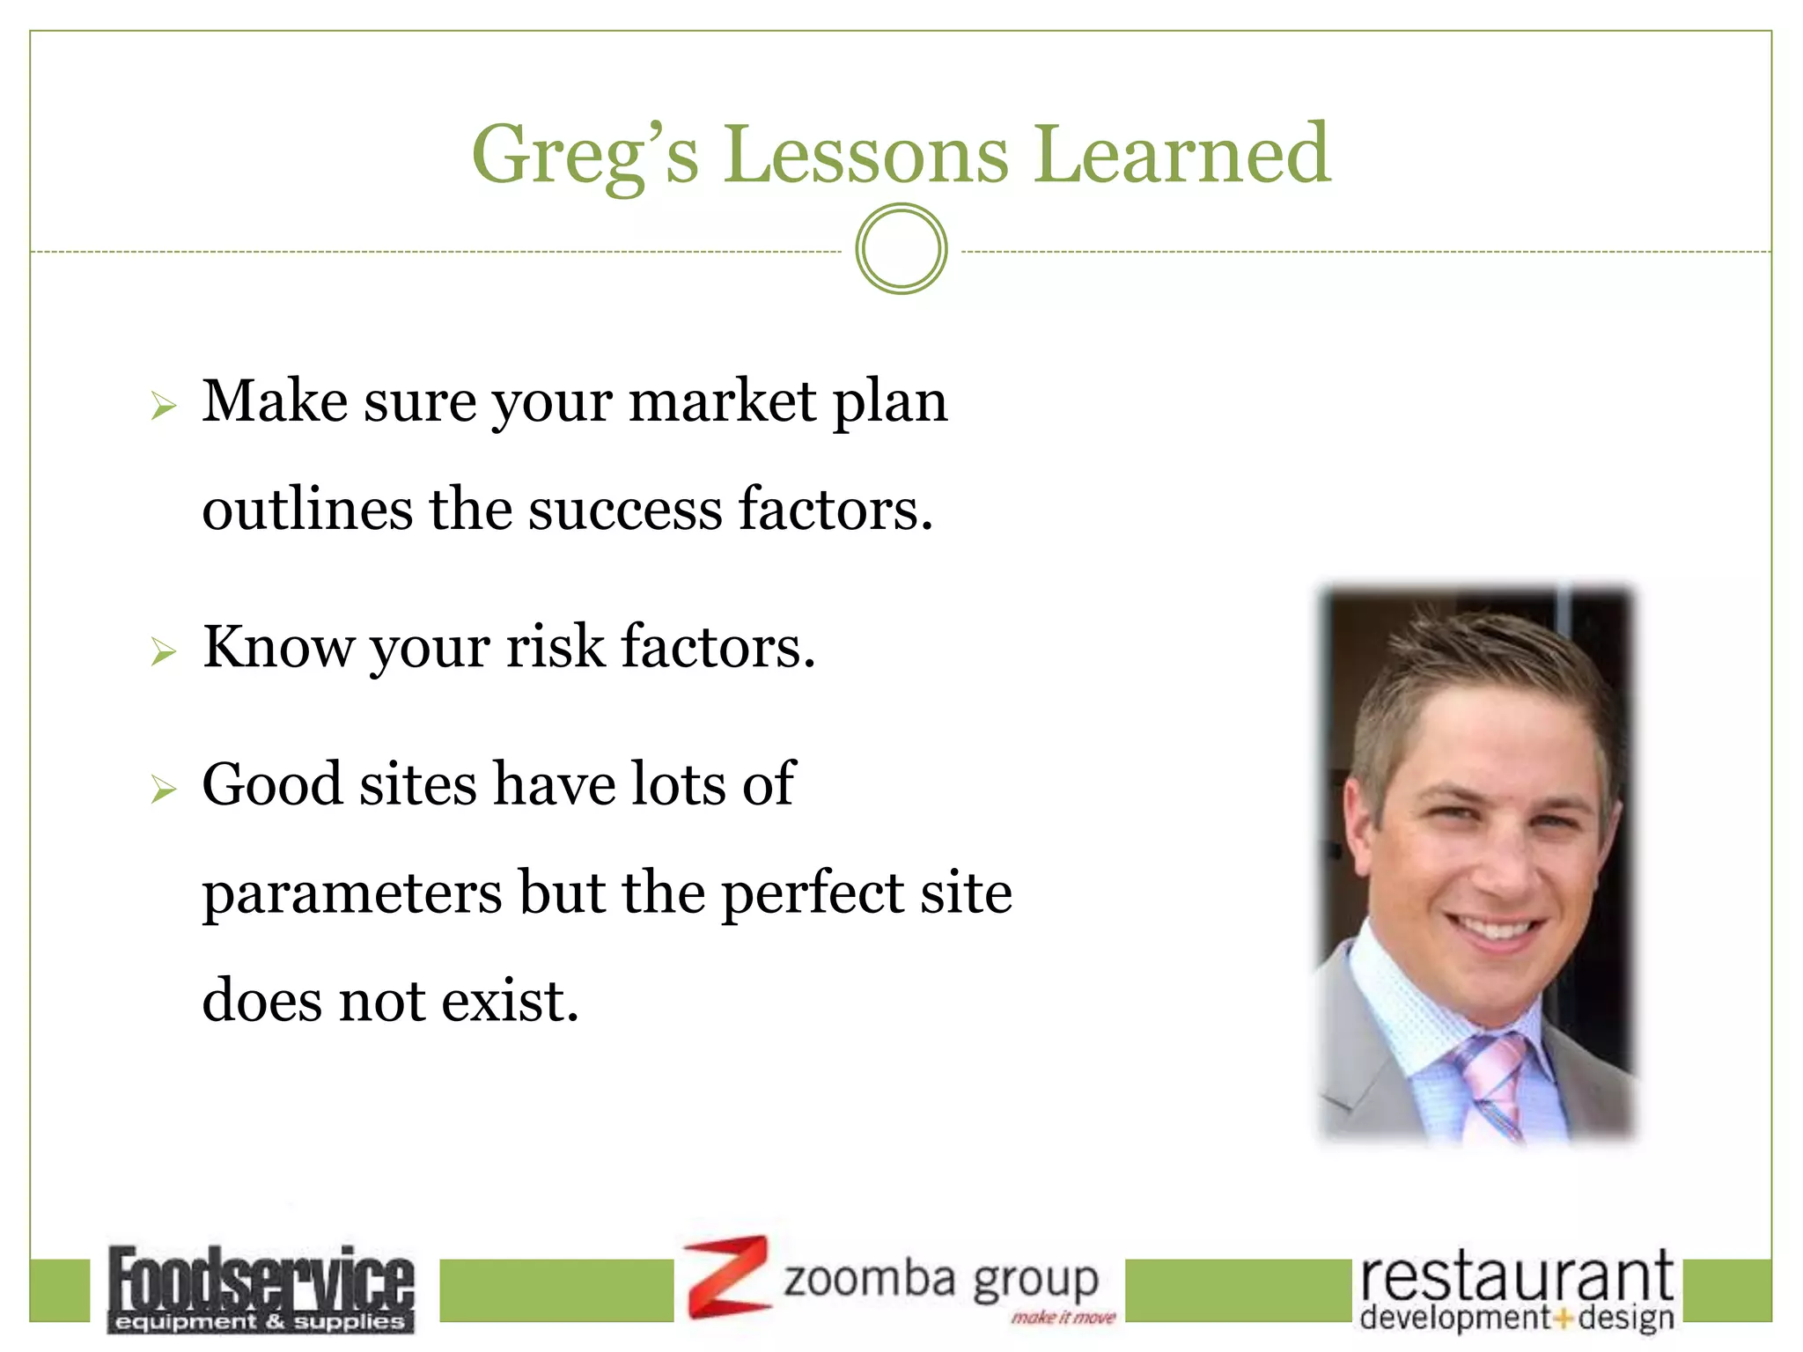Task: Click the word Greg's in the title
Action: [585, 156]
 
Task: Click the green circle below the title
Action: [901, 249]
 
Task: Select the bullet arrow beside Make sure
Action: [164, 406]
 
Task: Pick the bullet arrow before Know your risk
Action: [164, 651]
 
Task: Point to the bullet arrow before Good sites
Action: [164, 789]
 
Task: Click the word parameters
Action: [352, 894]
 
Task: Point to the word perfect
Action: [813, 894]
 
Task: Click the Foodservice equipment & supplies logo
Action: [261, 1288]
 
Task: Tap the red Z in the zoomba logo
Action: [727, 1276]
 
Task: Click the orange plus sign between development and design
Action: [1564, 1319]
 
